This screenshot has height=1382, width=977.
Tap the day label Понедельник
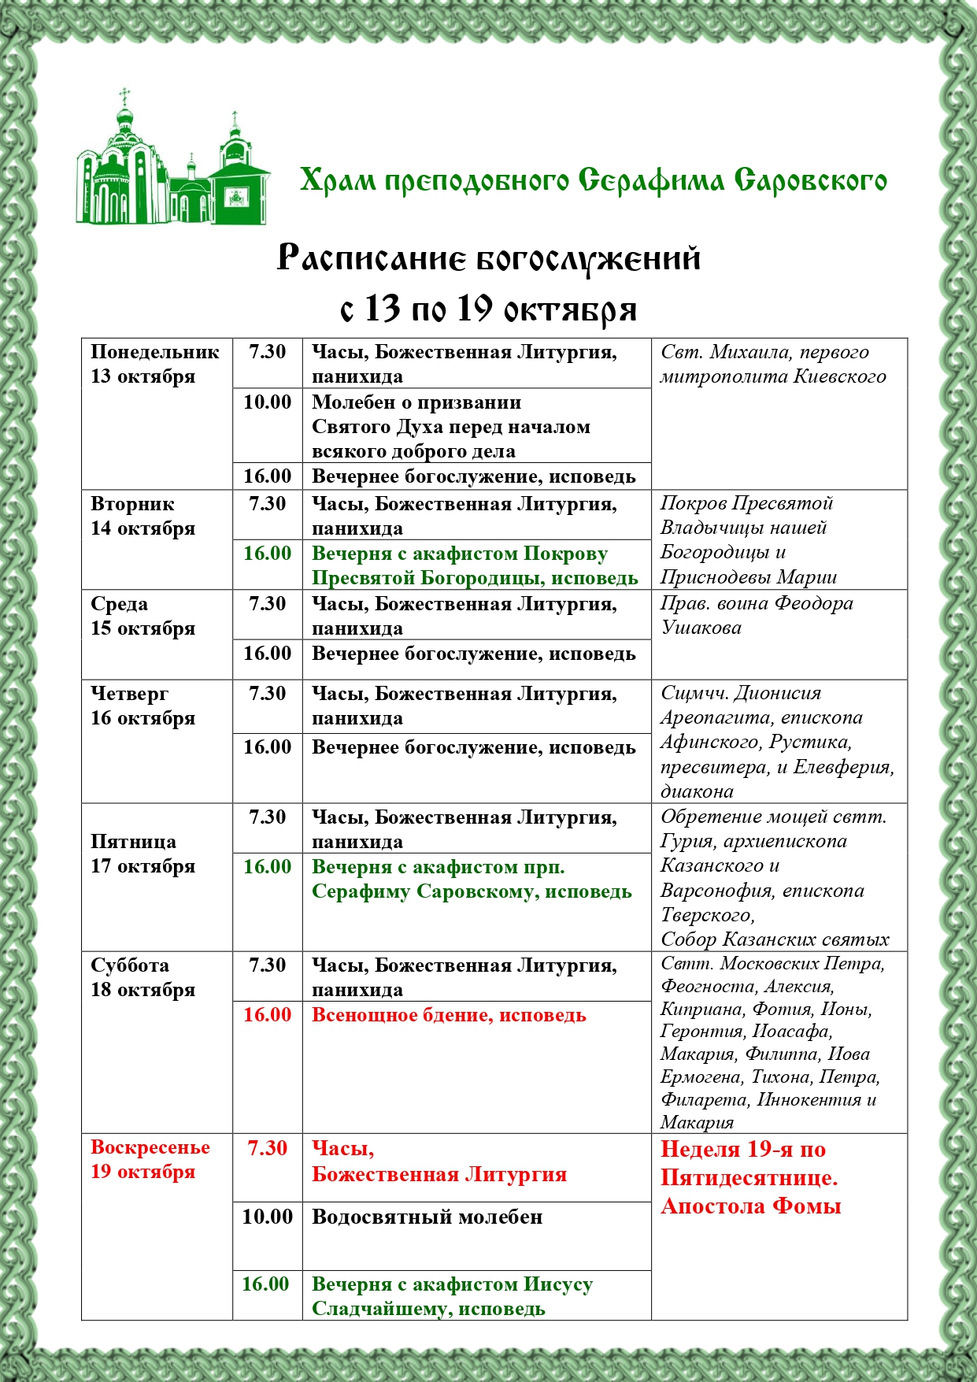coord(155,352)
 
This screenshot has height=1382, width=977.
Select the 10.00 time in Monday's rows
coord(268,402)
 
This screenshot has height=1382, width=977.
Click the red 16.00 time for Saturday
coord(268,1015)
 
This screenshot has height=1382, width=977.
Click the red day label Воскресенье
coord(150,1148)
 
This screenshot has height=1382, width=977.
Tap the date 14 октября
coord(142,528)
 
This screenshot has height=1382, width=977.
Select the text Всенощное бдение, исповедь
coord(449,1015)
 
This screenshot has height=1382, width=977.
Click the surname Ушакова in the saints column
coord(701,628)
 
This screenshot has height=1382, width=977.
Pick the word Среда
coord(119,604)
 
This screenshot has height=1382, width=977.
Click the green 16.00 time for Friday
coord(268,867)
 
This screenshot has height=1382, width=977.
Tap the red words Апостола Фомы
coord(750,1206)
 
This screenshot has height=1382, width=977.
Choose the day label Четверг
coord(129,694)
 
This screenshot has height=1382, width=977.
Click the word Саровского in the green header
coord(811,180)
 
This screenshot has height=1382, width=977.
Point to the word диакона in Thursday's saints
coord(697,792)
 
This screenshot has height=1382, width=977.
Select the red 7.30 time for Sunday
coord(268,1148)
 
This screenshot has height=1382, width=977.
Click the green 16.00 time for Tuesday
coord(268,554)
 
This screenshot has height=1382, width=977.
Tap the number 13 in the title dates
coord(383,309)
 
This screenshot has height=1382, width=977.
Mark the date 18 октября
coord(142,990)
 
